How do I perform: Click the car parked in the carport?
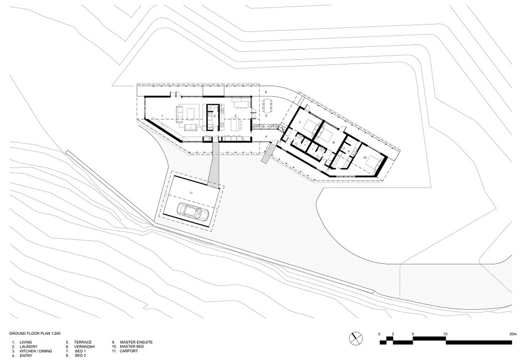[x=192, y=212]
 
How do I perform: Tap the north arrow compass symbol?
[x=355, y=336]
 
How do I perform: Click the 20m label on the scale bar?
[x=513, y=334]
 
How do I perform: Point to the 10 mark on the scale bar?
[x=445, y=334]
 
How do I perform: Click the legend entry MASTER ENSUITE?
[x=133, y=342]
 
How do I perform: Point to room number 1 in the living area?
[x=161, y=116]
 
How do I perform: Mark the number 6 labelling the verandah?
[x=266, y=92]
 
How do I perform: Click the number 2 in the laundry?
[x=214, y=116]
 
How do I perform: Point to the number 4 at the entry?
[x=266, y=137]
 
